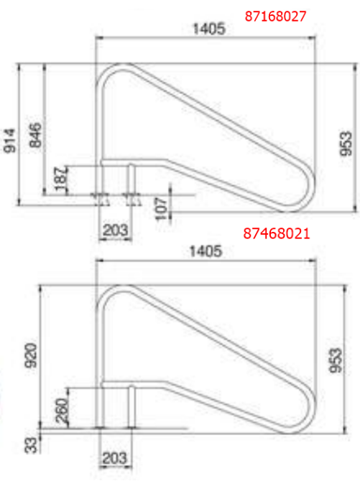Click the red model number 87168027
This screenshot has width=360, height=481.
click(276, 14)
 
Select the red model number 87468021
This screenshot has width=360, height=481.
click(277, 233)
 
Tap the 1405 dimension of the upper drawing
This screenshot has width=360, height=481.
click(210, 29)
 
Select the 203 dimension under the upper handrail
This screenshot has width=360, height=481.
click(114, 230)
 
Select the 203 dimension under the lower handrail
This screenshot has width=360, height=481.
click(114, 457)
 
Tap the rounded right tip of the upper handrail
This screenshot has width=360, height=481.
click(309, 195)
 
